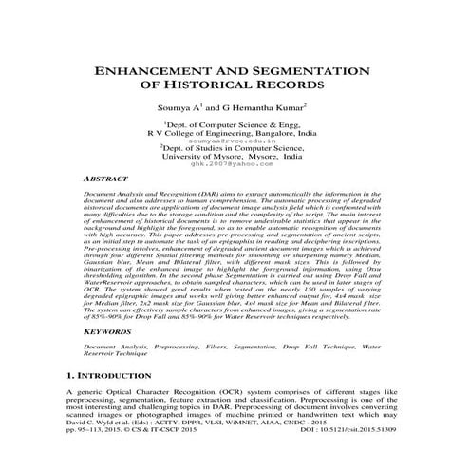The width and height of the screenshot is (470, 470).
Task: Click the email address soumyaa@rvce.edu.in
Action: (x=235, y=141)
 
